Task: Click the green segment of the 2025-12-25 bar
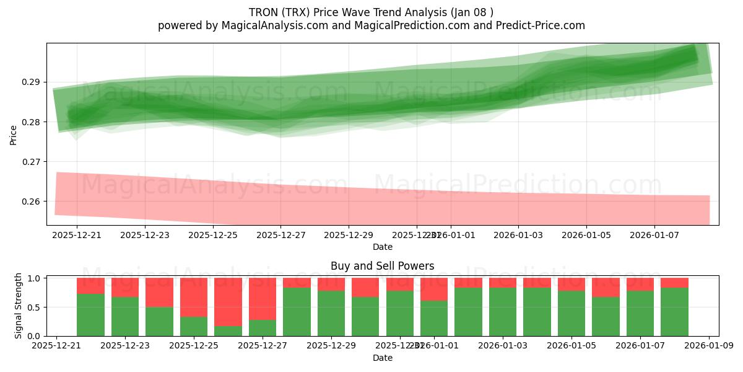click(x=194, y=326)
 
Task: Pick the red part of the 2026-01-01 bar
click(x=434, y=289)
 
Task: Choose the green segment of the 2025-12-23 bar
click(x=125, y=316)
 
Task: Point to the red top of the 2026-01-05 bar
click(x=571, y=284)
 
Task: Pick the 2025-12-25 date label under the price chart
click(x=212, y=235)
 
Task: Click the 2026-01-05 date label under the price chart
click(x=587, y=235)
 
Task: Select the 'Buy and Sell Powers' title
click(x=382, y=266)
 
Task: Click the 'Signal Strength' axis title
click(x=19, y=306)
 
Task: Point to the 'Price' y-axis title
click(x=14, y=135)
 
